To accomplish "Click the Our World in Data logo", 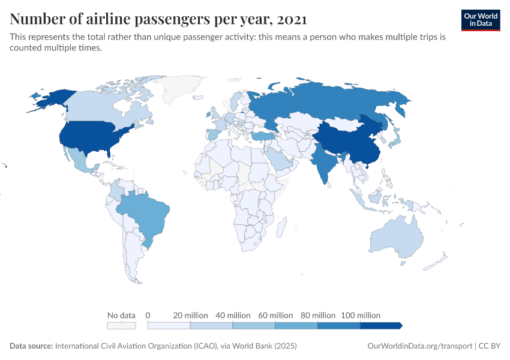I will pos(480,19).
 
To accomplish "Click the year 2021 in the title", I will pos(292,19).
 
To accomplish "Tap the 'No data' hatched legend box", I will pos(121,325).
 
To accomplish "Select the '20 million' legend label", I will pos(191,315).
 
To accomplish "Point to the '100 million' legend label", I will pos(361,315).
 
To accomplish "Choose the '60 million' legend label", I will pos(275,315).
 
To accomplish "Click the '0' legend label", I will pos(148,315).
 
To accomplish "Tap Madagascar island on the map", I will pos(280,227).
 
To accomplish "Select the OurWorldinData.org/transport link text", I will pos(419,346).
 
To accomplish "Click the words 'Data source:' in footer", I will pos(31,346).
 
